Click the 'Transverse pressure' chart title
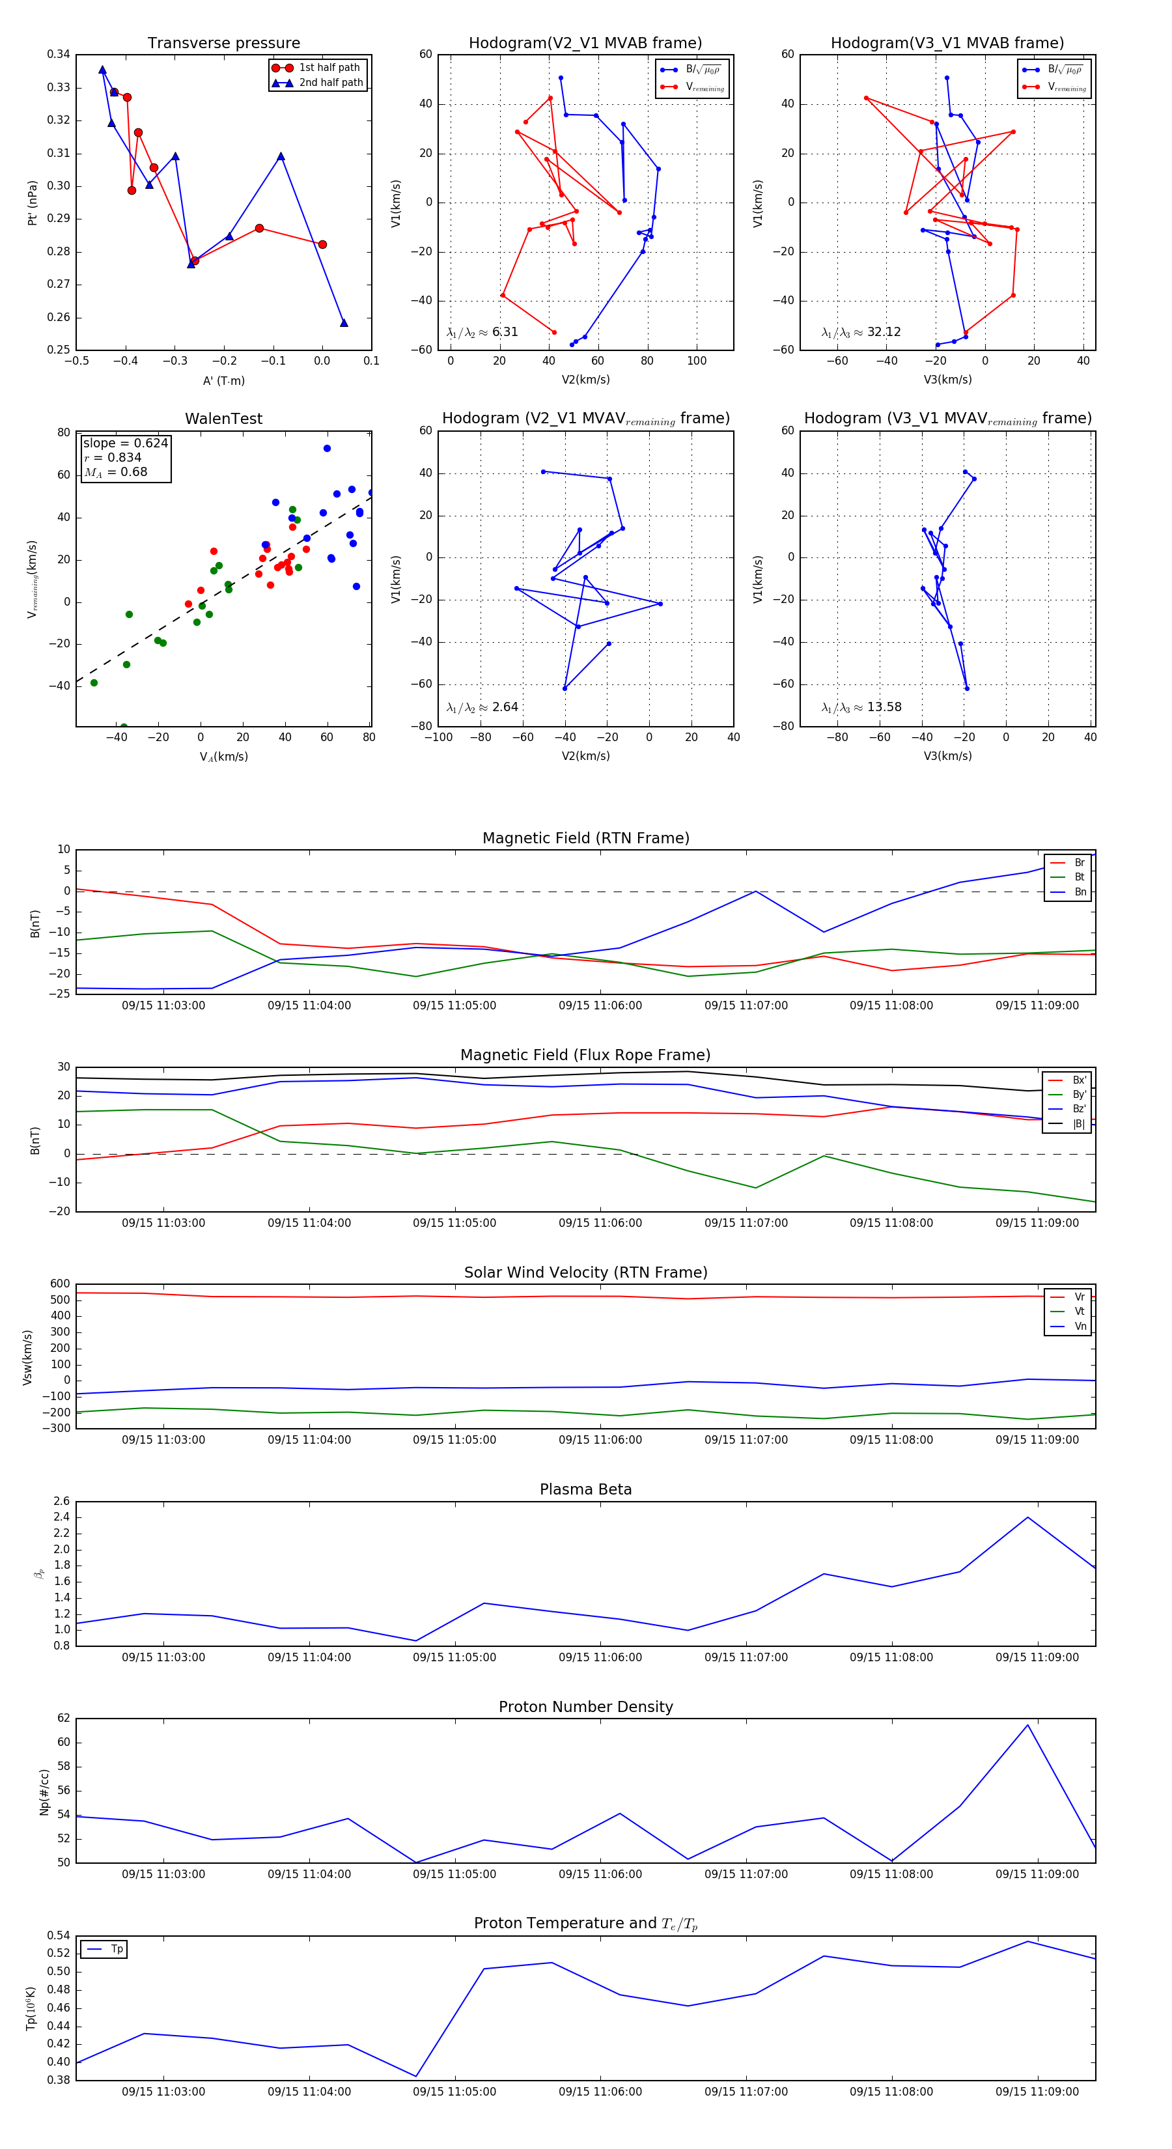coord(223,44)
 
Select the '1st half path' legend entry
coord(329,68)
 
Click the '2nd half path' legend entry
coord(330,83)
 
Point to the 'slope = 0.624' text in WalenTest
coord(125,443)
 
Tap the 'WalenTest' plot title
coord(223,419)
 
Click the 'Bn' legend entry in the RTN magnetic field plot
coord(1080,892)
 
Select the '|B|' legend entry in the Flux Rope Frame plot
coord(1079,1124)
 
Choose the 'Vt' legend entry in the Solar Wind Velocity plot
coord(1080,1312)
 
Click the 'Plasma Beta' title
coord(585,1489)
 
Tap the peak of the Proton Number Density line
coord(1027,1724)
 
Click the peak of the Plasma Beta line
coord(1027,1517)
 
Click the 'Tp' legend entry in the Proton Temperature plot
coord(117,1949)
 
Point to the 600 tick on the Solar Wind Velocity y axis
coord(60,1284)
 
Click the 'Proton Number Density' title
coord(585,1707)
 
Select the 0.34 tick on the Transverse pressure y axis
coord(59,55)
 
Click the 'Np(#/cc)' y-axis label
coord(45,1792)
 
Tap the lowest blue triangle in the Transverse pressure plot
coord(344,323)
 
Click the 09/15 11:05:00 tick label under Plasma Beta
coord(454,1657)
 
